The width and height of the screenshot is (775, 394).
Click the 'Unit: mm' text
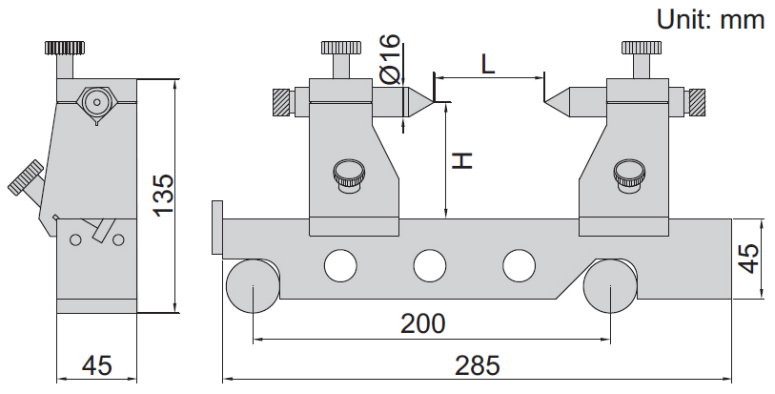coord(710,19)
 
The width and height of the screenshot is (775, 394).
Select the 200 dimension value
coord(423,324)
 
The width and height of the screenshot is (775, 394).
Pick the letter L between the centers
coord(487,64)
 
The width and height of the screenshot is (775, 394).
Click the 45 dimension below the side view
coord(96,365)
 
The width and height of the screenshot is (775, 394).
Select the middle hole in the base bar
coord(430,264)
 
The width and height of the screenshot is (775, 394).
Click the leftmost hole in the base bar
coord(340,264)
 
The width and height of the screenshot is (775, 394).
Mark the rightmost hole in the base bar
coord(520,264)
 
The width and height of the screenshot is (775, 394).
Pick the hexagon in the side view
coord(95,102)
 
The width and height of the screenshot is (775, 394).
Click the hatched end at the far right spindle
coord(698,100)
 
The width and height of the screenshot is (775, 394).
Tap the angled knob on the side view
coord(26,180)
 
